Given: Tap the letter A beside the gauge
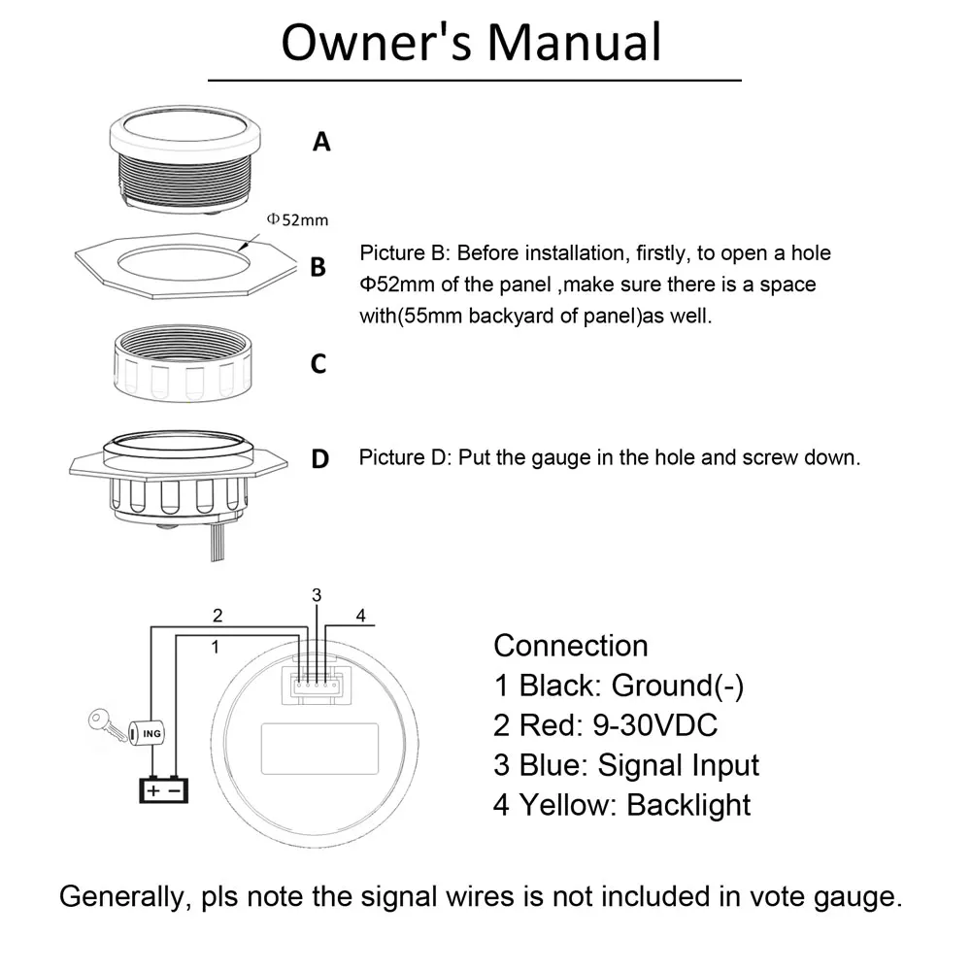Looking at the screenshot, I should [x=321, y=142].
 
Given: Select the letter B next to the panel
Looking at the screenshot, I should [x=318, y=267].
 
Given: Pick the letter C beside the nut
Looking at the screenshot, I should [x=318, y=365].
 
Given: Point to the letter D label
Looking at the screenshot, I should [x=319, y=459].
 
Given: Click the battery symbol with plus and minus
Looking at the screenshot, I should [x=163, y=789].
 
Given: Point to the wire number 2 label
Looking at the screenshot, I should [x=218, y=615].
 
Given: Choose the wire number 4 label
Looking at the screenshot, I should [x=360, y=616].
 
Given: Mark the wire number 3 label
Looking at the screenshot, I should [x=316, y=594].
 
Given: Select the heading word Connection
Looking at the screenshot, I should [x=570, y=646].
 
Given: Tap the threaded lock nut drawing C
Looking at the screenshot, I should [x=185, y=364].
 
